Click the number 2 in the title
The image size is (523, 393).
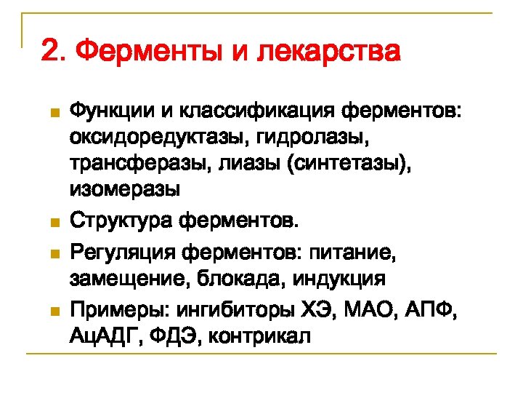pyautogui.click(x=49, y=52)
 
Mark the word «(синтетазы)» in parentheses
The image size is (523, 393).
pyautogui.click(x=349, y=164)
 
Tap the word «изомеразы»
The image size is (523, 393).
pyautogui.click(x=124, y=191)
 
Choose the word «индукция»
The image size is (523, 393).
pyautogui.click(x=342, y=279)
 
